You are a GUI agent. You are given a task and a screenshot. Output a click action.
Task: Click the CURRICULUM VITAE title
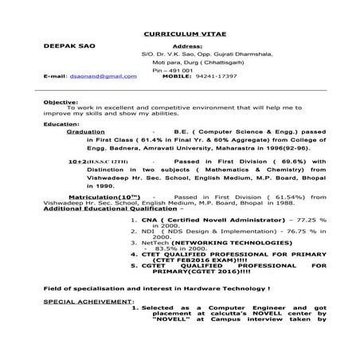pyautogui.click(x=180, y=35)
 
